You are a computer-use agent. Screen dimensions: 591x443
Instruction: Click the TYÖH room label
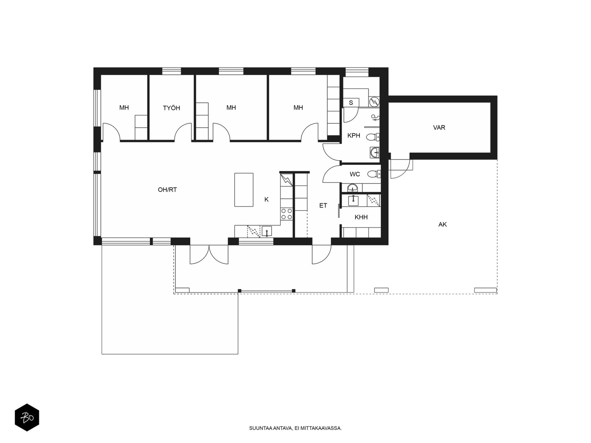pos(171,108)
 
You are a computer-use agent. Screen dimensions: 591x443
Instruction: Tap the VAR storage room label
pos(439,127)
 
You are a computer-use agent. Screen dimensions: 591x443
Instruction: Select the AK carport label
pos(443,224)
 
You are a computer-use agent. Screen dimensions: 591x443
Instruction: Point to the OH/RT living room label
pos(167,190)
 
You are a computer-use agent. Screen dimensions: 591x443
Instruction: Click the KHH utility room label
pos(361,217)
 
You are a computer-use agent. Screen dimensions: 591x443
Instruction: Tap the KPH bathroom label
pos(353,135)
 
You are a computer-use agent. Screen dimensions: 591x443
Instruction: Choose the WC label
pos(355,174)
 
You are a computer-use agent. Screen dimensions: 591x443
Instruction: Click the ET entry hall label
pos(323,206)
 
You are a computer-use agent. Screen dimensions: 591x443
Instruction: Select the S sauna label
pos(351,103)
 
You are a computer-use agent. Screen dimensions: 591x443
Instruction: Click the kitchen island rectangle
pos(244,190)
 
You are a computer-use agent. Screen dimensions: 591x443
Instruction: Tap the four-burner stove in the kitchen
pos(287,214)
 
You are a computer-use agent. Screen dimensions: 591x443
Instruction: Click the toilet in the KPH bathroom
pos(373,137)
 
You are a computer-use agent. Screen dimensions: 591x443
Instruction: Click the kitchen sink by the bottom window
pos(267,231)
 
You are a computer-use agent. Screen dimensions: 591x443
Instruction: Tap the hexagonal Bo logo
pos(27,418)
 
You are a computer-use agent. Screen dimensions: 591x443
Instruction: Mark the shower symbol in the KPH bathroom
pos(375,117)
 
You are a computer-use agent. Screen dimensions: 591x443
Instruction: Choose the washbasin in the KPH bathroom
pos(375,153)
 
